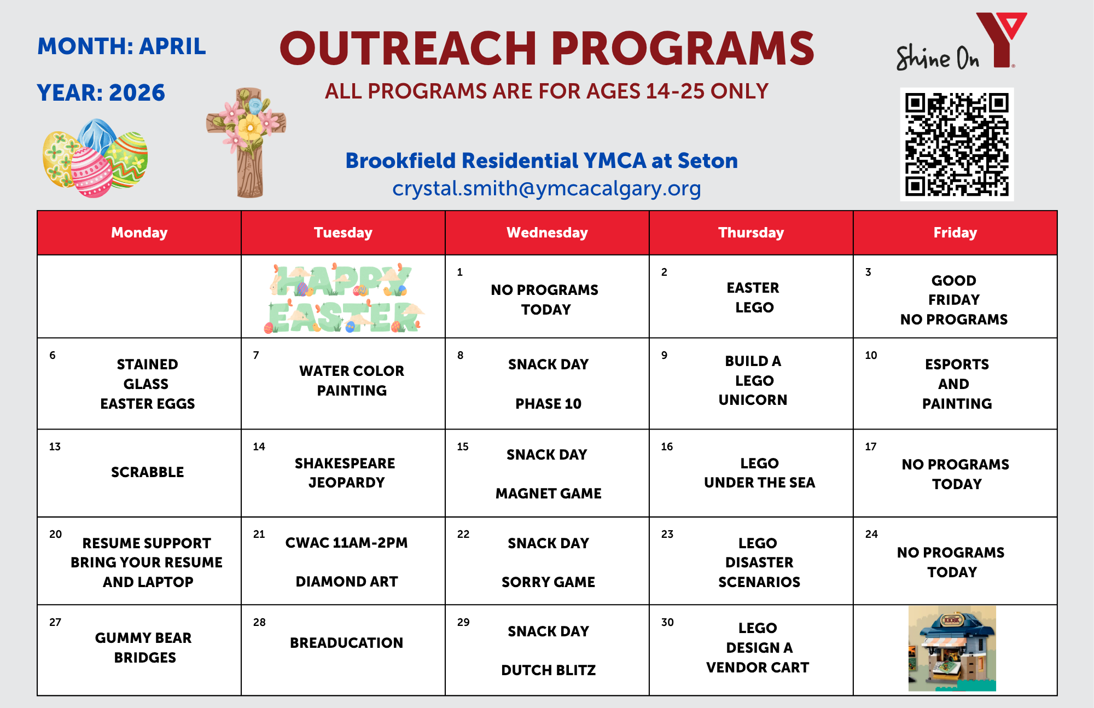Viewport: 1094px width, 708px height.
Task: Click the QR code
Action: pos(957,144)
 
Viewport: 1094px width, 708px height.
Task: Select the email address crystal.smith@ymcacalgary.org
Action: pos(546,188)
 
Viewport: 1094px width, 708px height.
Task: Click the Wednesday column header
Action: pos(547,233)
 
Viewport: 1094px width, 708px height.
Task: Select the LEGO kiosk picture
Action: pos(952,648)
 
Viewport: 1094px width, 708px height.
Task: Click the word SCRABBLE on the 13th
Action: pos(147,472)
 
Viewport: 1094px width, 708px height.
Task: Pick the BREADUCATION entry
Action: pos(346,643)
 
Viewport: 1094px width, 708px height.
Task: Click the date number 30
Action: pos(667,622)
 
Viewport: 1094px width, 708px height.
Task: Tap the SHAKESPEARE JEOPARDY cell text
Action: pos(345,473)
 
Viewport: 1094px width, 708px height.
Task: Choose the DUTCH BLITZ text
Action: pos(548,670)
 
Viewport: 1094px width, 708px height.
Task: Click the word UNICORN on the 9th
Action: pos(753,400)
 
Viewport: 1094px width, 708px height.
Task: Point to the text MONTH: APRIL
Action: pos(121,47)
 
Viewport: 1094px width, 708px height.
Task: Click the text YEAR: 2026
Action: pos(101,92)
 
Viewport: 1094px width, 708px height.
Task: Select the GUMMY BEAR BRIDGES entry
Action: pos(144,648)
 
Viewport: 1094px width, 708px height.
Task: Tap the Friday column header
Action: pos(955,233)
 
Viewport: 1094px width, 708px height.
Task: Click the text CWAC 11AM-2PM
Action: pos(346,543)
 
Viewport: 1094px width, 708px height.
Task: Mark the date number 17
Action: pos(871,446)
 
